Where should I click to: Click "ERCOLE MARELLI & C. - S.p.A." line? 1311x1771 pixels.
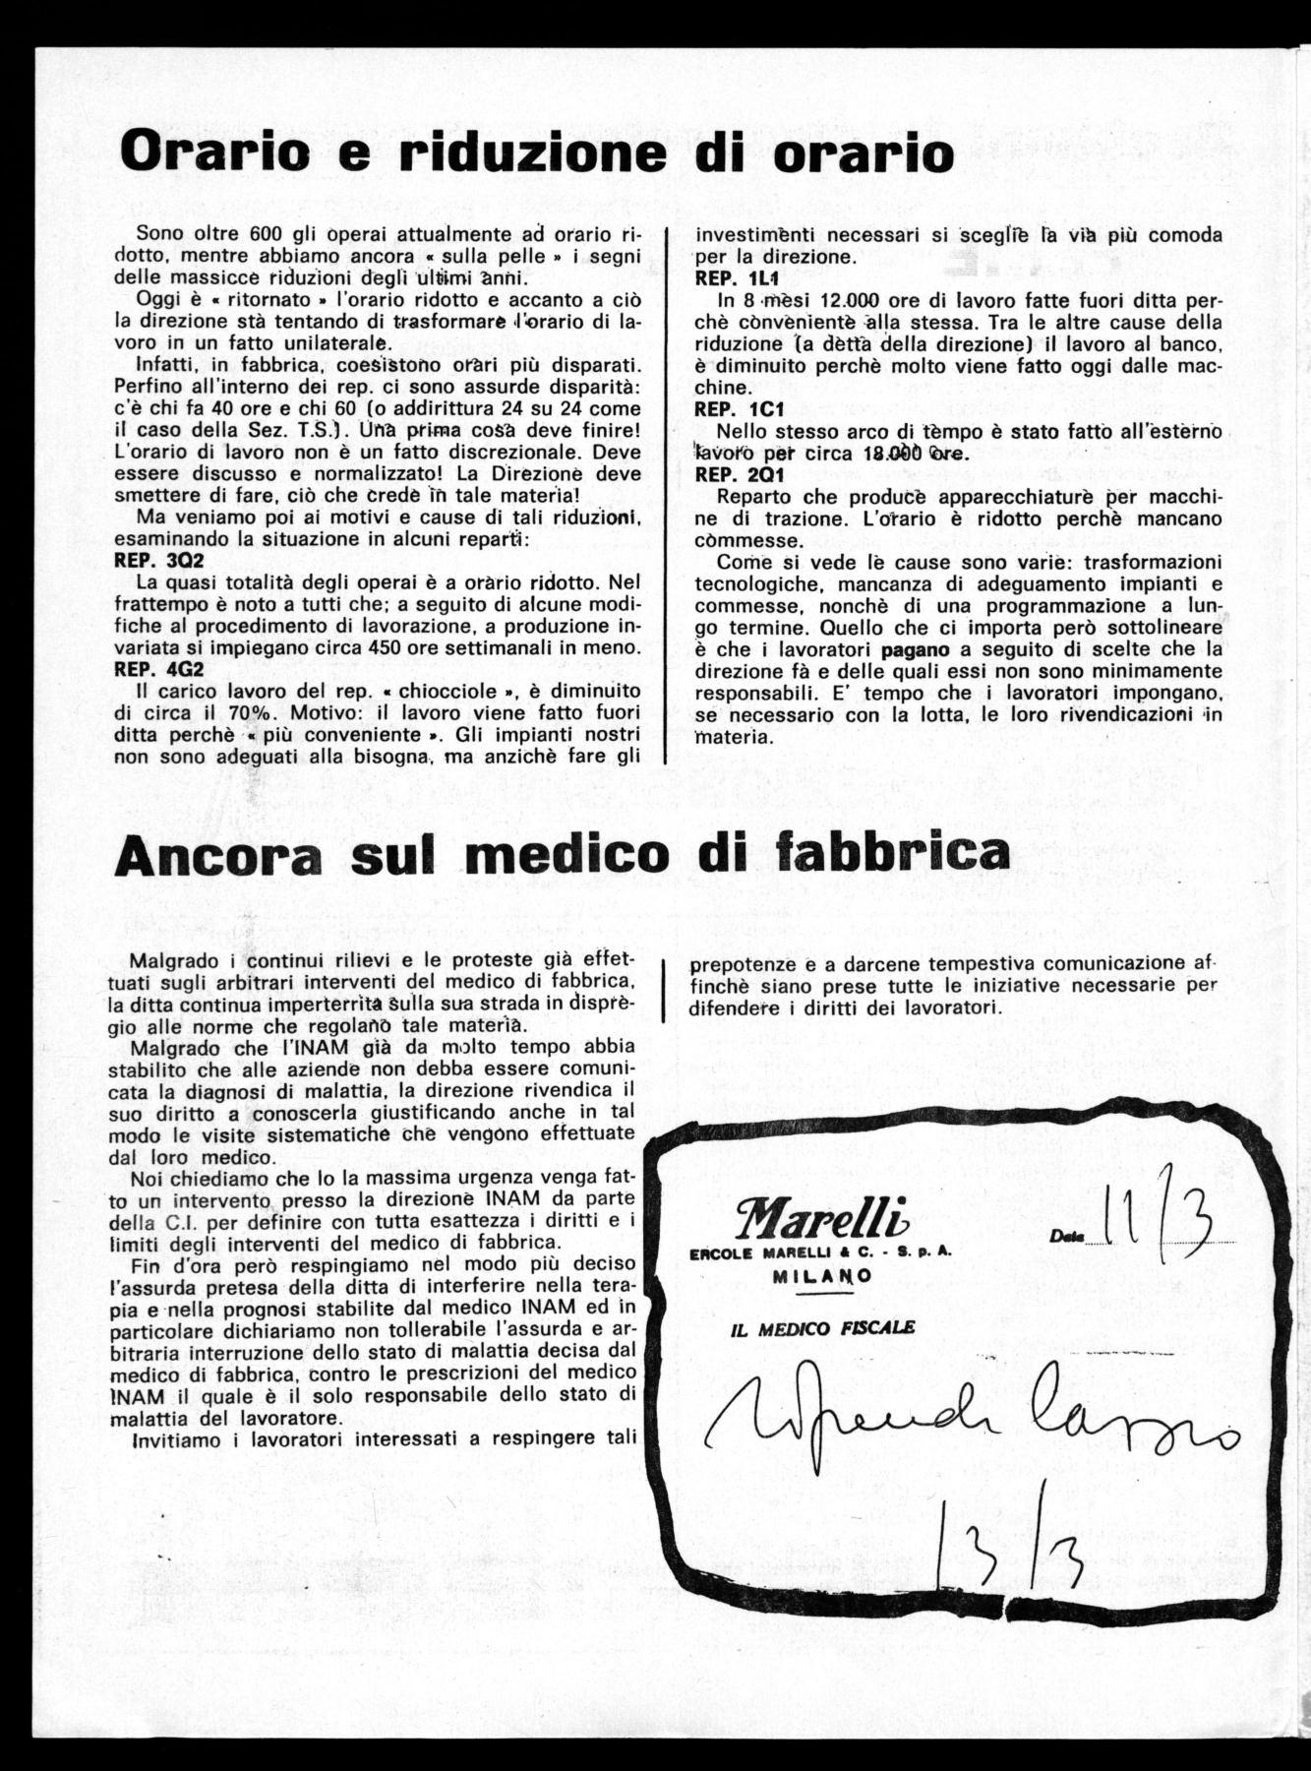tap(832, 1254)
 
